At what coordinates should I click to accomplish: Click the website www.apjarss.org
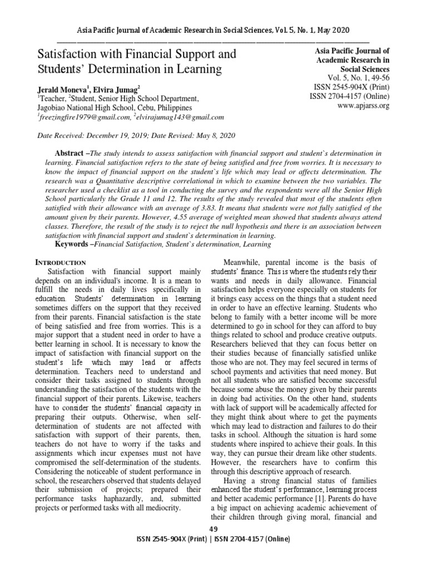pos(363,105)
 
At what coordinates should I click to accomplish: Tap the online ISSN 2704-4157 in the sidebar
pos(350,96)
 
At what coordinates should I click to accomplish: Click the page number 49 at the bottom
pos(213,528)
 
